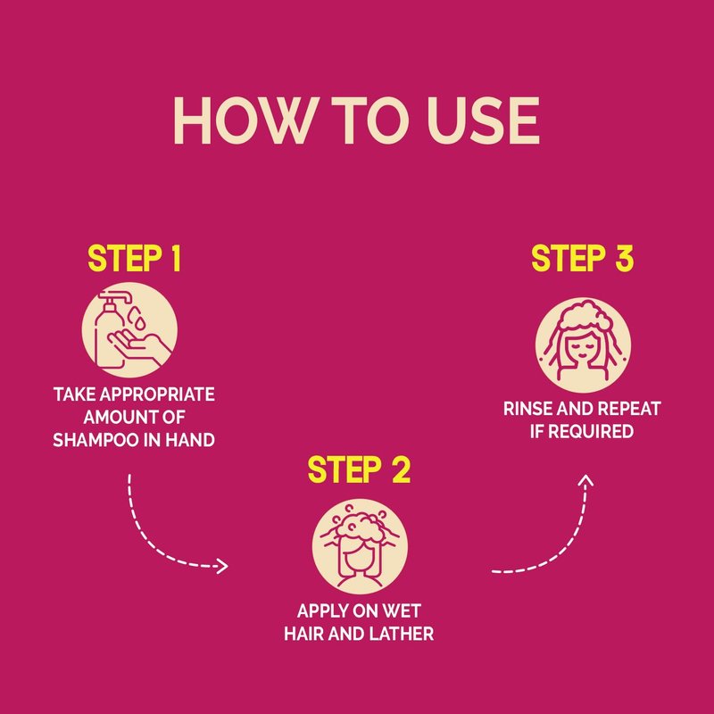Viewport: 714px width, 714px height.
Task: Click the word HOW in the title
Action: [244, 120]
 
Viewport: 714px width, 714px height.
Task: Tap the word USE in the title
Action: [483, 120]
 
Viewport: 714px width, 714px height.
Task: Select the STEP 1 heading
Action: [135, 258]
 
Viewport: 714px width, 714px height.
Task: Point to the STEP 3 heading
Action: [582, 258]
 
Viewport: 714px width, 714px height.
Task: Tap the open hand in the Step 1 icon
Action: [139, 346]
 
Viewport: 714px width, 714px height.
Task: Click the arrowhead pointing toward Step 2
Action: [222, 566]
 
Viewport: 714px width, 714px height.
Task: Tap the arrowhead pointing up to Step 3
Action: [586, 480]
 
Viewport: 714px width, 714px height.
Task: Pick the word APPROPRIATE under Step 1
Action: [157, 394]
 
